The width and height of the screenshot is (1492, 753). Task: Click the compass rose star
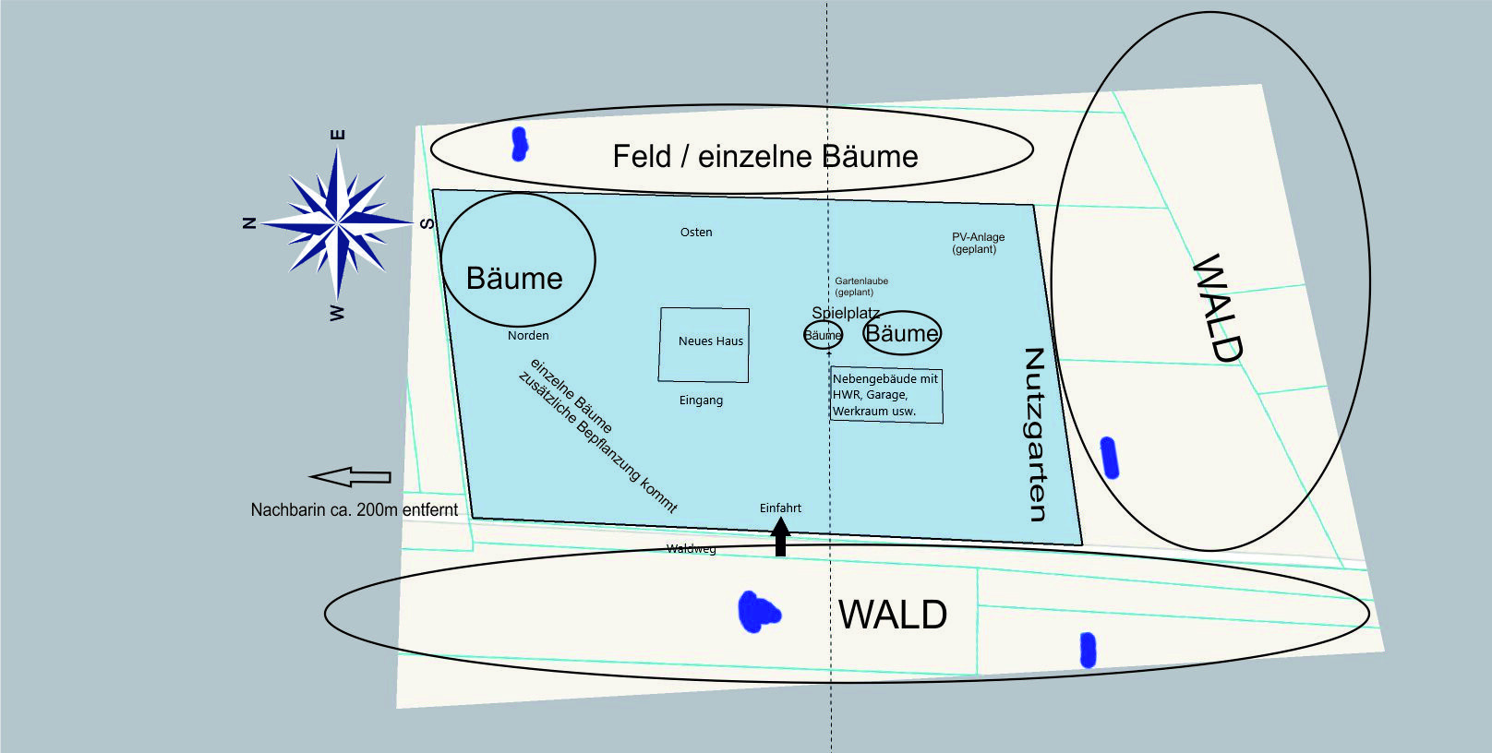pyautogui.click(x=338, y=223)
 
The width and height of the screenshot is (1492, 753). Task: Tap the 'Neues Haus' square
pyautogui.click(x=704, y=344)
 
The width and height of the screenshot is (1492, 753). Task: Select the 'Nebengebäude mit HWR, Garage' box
pyautogui.click(x=886, y=395)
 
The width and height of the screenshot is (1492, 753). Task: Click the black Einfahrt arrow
pyautogui.click(x=780, y=536)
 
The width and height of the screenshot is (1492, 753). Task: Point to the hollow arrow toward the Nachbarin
pyautogui.click(x=350, y=477)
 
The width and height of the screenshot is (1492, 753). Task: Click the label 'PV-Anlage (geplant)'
pyautogui.click(x=978, y=243)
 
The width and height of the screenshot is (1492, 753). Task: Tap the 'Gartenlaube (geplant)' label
pyautogui.click(x=860, y=286)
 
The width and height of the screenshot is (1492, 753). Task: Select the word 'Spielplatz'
pyautogui.click(x=845, y=313)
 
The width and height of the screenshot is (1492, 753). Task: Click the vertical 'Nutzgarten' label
pyautogui.click(x=1036, y=434)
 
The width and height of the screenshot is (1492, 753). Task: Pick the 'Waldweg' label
pyautogui.click(x=691, y=549)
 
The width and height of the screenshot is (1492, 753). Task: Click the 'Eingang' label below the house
pyautogui.click(x=701, y=400)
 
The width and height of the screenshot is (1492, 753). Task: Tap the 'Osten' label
pyautogui.click(x=696, y=233)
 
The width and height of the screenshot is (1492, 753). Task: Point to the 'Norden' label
pyautogui.click(x=528, y=336)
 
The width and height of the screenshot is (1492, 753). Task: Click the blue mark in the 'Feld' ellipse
pyautogui.click(x=520, y=144)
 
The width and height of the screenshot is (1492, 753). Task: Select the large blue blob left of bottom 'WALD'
pyautogui.click(x=759, y=613)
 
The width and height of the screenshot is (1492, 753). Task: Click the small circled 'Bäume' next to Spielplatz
pyautogui.click(x=823, y=335)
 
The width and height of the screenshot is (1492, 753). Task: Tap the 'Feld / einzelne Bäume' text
pyautogui.click(x=765, y=157)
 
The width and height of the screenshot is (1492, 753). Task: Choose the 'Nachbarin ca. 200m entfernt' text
pyautogui.click(x=355, y=509)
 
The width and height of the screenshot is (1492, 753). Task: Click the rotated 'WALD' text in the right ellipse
pyautogui.click(x=1218, y=307)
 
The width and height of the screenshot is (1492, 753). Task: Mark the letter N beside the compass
pyautogui.click(x=248, y=222)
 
